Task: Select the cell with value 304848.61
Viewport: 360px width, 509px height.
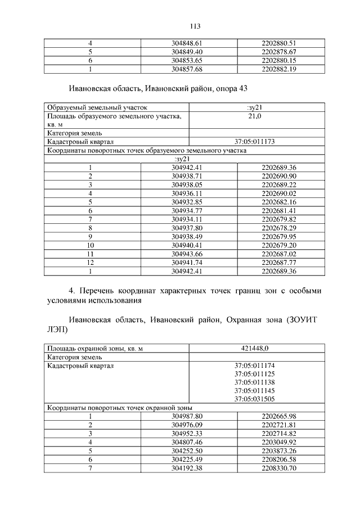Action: pyautogui.click(x=190, y=43)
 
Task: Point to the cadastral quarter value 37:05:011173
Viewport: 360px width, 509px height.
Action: pyautogui.click(x=254, y=141)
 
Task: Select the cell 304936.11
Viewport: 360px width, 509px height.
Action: pyautogui.click(x=190, y=193)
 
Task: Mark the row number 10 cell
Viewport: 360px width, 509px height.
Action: pyautogui.click(x=90, y=245)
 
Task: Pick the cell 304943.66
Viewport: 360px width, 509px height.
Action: pyautogui.click(x=190, y=254)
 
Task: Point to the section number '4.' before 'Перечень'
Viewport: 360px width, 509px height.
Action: pyautogui.click(x=72, y=290)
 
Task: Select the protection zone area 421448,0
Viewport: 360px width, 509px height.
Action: pyautogui.click(x=254, y=348)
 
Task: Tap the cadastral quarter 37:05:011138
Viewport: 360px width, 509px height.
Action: pyautogui.click(x=254, y=382)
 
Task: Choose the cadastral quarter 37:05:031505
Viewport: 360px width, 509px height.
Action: pyautogui.click(x=254, y=399)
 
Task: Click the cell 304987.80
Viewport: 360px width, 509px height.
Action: pyautogui.click(x=190, y=416)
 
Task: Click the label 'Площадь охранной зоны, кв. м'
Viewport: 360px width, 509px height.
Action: pyautogui.click(x=94, y=348)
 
